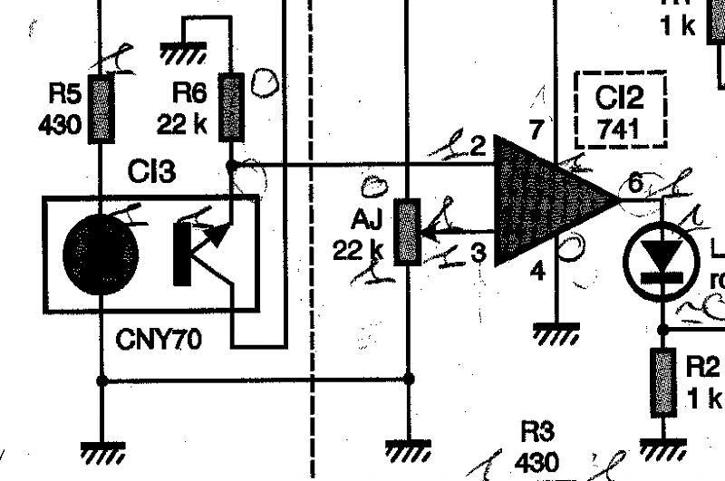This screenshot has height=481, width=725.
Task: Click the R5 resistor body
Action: click(101, 111)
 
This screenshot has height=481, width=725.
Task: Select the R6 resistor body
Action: click(232, 108)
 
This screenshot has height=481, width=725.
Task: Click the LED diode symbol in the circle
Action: click(662, 259)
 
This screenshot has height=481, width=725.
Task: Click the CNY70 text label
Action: click(159, 341)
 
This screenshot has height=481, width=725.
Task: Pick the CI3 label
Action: click(151, 172)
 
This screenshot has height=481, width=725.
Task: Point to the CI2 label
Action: click(619, 98)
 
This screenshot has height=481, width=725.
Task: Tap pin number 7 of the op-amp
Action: click(536, 129)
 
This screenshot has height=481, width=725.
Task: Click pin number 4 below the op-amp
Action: click(537, 271)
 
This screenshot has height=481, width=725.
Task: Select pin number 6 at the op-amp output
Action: click(636, 183)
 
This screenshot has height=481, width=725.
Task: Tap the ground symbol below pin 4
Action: click(554, 335)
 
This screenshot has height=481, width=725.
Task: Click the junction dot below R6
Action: click(232, 166)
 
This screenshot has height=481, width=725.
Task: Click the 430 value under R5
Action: click(59, 122)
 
